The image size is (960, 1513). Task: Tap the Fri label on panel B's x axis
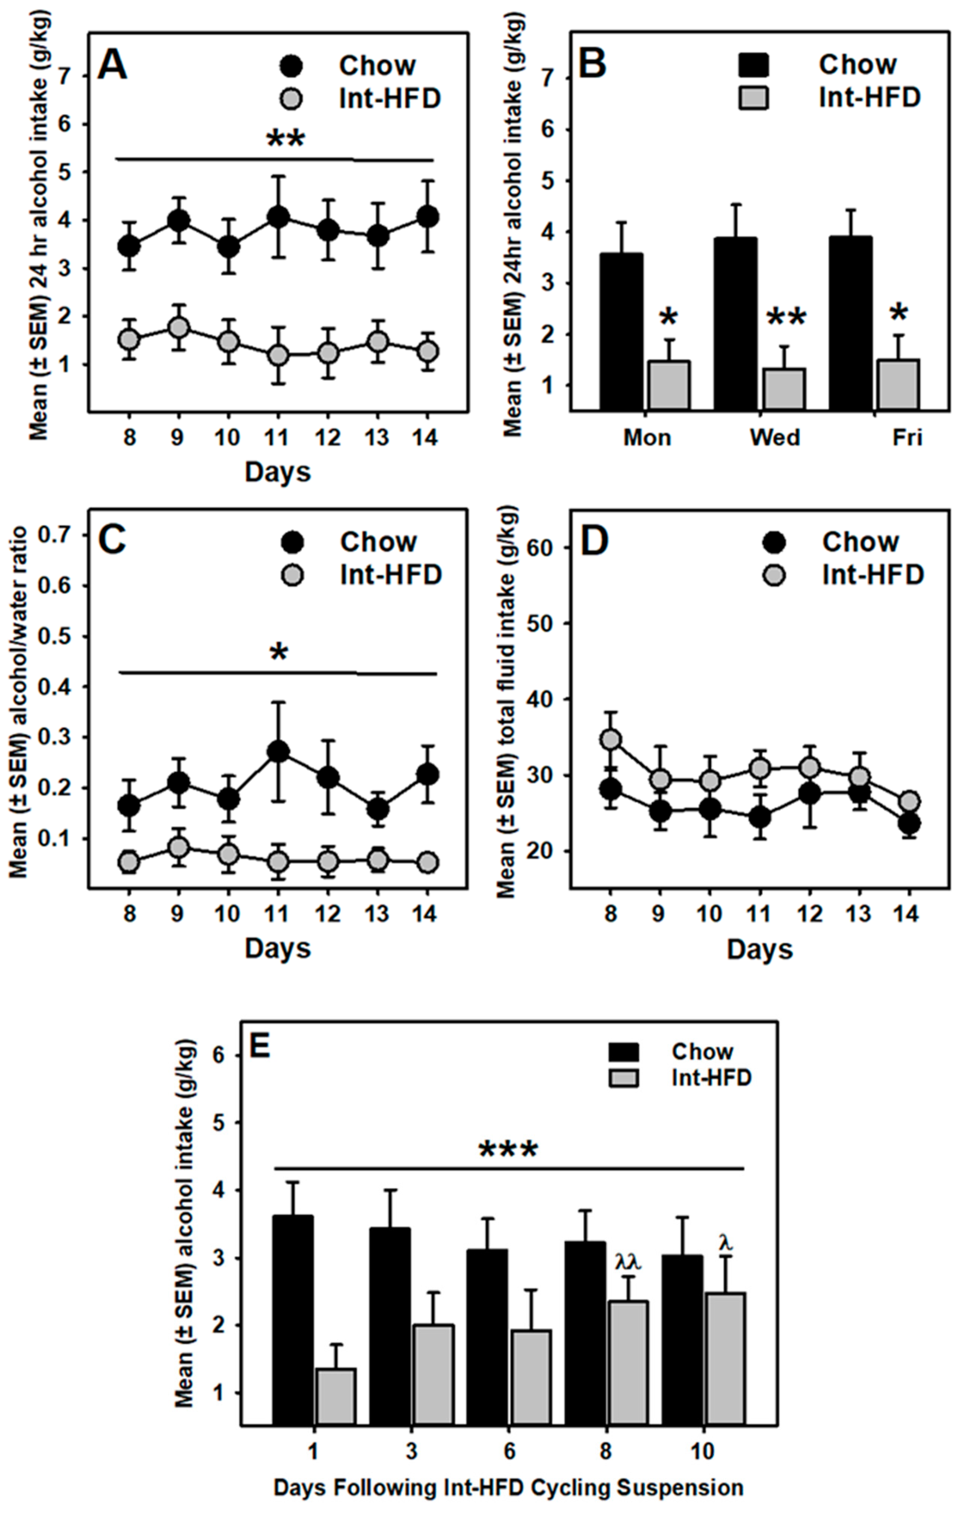pyautogui.click(x=907, y=437)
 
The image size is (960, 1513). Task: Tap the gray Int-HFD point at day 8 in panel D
pyautogui.click(x=609, y=740)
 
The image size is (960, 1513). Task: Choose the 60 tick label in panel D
pyautogui.click(x=549, y=547)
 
